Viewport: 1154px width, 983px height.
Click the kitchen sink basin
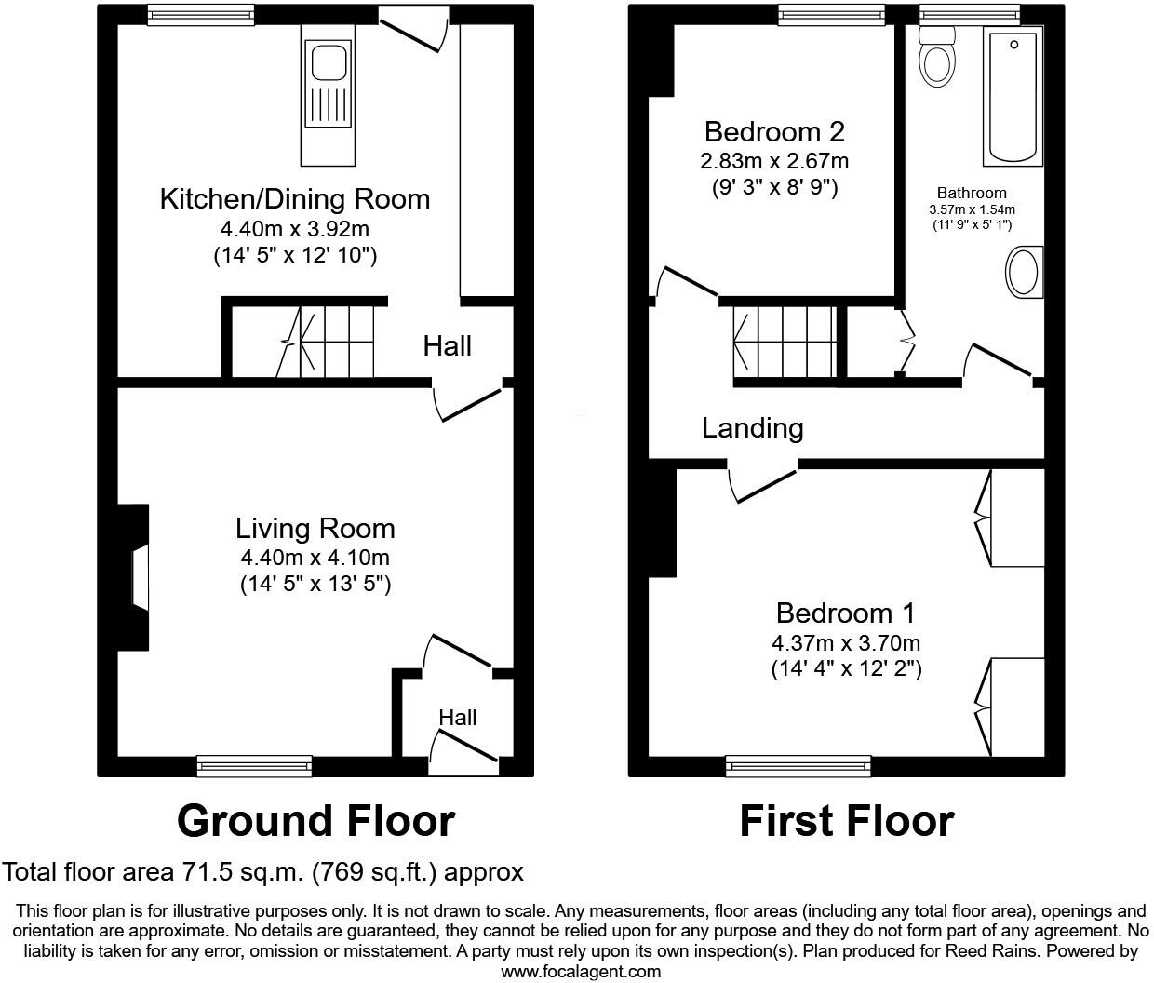(329, 63)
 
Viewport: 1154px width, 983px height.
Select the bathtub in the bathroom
(1013, 96)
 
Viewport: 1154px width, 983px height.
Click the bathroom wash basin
(1023, 273)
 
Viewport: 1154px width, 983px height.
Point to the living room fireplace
(136, 578)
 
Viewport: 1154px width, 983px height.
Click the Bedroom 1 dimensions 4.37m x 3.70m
(845, 642)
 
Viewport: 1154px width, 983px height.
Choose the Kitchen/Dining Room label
(295, 198)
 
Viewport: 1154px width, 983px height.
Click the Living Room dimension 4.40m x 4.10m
(315, 558)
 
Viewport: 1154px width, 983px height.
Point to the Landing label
(752, 428)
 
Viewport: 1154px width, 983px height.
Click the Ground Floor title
(315, 821)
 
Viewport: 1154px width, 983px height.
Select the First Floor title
(846, 821)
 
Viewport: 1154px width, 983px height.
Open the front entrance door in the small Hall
(463, 749)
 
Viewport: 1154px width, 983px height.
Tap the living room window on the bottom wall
(254, 766)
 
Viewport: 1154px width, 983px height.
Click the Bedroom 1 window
(798, 766)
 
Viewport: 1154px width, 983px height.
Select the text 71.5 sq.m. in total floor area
(239, 872)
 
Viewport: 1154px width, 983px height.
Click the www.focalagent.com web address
(581, 972)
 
